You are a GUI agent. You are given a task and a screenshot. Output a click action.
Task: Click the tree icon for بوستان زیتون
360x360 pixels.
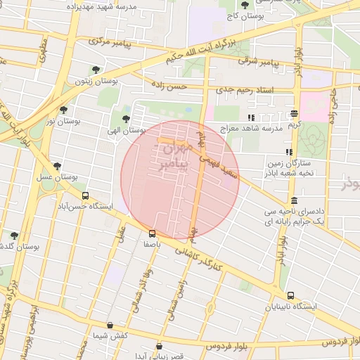[x=96, y=70]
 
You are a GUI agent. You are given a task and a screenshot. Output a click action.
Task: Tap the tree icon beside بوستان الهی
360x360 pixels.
[x=126, y=119]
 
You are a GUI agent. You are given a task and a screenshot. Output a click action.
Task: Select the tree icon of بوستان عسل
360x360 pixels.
[x=57, y=166]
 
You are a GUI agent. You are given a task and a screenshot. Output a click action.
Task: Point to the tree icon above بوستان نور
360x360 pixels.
[x=64, y=110]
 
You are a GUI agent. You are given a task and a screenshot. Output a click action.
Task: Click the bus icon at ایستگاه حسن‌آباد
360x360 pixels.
[x=86, y=196]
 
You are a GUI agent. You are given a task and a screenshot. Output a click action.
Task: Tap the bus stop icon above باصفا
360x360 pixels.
[x=152, y=233]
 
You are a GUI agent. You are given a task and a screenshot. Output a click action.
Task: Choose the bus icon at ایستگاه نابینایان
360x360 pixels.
[x=291, y=296]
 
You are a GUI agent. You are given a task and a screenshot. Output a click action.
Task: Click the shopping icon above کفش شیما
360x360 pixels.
[x=110, y=326]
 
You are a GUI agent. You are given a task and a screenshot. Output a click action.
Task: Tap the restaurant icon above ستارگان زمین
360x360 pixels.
[x=288, y=152]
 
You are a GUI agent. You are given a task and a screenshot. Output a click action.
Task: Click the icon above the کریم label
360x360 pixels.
[x=294, y=113]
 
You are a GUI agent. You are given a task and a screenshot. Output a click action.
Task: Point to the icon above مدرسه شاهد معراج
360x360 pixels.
[x=251, y=117]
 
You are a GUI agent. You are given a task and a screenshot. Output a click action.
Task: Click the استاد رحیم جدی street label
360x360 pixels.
[x=252, y=90]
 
